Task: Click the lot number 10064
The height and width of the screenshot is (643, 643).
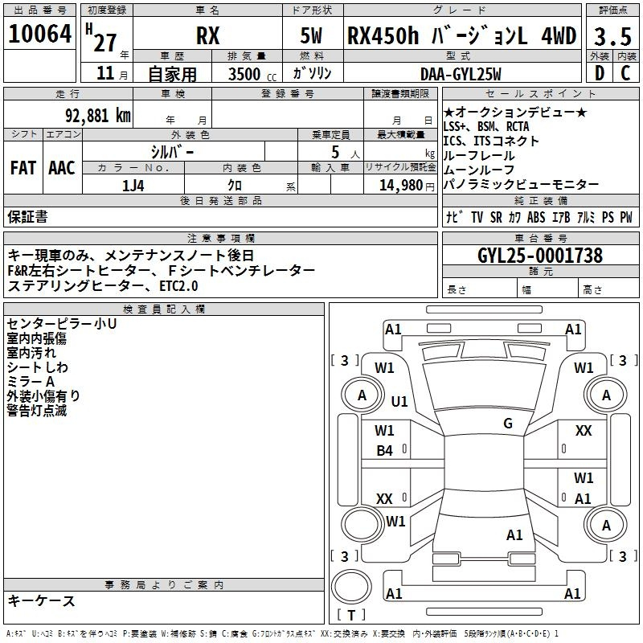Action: pos(39,34)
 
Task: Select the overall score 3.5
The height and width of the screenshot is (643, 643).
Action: pos(612,36)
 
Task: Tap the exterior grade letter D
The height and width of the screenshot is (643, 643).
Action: pos(599,73)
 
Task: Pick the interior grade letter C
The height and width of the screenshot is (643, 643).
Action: pos(625,73)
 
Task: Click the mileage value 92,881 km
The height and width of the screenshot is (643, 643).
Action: pos(98,116)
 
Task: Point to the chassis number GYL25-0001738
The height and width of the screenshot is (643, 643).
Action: pos(540,256)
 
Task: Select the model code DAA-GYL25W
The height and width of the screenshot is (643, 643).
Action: pos(461,74)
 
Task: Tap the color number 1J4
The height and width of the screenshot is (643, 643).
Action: pos(133,186)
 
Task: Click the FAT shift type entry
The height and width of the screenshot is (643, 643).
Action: pos(23,168)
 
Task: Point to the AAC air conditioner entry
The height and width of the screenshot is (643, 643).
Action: pos(62,168)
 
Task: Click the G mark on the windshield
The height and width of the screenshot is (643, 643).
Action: pos(508,424)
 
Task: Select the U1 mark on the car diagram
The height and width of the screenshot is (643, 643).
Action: pos(399,401)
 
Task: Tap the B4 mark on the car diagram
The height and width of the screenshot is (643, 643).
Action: pos(385,451)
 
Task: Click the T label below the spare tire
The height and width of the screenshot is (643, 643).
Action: pos(351,615)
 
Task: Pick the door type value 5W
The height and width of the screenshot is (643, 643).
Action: pos(311,35)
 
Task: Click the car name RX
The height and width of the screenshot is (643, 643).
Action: pos(208,35)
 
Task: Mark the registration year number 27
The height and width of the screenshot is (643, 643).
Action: pos(105,43)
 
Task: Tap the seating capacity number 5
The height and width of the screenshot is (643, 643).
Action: pos(335,152)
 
